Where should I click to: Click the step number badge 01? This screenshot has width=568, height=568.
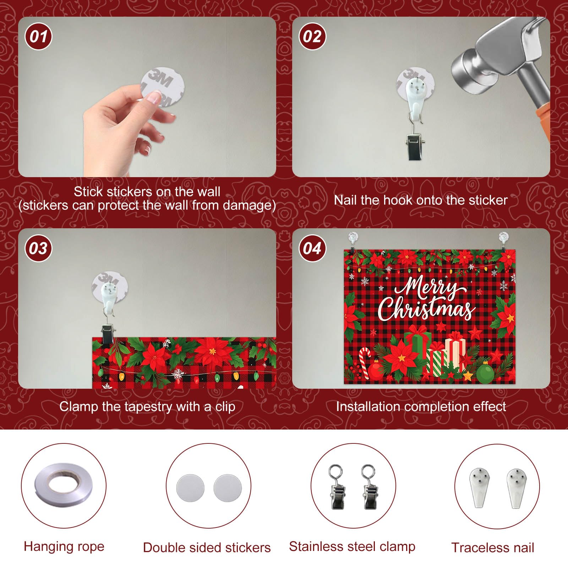[x=38, y=36]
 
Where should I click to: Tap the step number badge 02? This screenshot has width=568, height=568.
[x=312, y=36]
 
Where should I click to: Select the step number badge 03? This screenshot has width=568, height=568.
[x=38, y=248]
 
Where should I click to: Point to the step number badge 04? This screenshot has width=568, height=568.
[x=312, y=248]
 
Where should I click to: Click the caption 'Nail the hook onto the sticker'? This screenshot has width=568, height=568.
[x=421, y=200]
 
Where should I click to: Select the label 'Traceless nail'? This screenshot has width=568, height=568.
[x=493, y=548]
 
